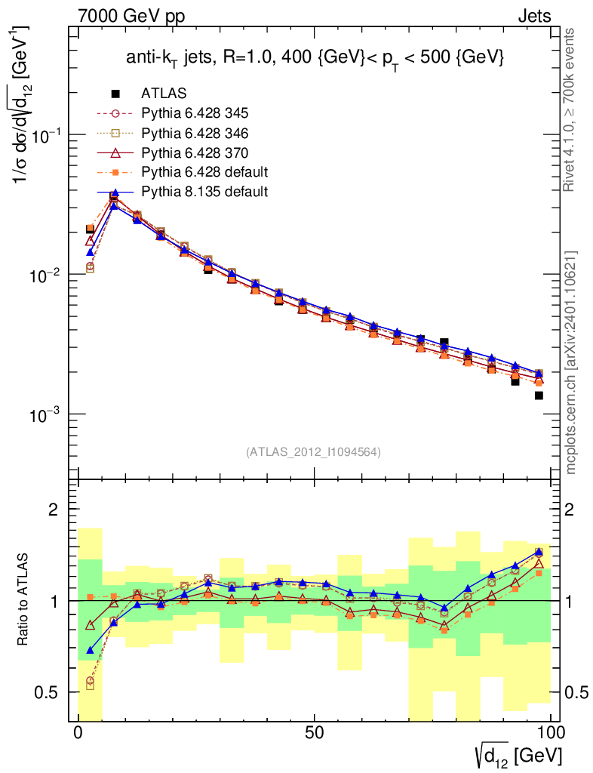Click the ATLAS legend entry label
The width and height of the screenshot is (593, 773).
(164, 93)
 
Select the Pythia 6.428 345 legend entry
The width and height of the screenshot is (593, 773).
(195, 113)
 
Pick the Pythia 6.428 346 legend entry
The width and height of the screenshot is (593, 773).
(195, 133)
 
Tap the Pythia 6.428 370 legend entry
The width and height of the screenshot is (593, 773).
(195, 152)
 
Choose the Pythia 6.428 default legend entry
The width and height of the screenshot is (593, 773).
(204, 172)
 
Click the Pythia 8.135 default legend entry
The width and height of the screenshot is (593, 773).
(204, 191)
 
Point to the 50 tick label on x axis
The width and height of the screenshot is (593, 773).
(315, 732)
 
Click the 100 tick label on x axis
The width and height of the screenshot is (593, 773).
(550, 732)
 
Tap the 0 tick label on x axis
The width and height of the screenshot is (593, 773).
(78, 732)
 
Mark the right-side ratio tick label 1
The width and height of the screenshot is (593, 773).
(569, 601)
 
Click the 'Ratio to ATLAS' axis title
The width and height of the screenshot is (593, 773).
(23, 599)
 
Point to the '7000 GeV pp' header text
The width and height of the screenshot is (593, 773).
(131, 17)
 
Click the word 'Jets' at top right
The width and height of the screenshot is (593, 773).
(534, 17)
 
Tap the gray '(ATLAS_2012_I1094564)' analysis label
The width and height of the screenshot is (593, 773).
(313, 451)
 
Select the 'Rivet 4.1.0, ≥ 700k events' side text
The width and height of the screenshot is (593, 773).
(569, 110)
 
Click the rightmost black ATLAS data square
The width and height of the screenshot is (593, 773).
(539, 396)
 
